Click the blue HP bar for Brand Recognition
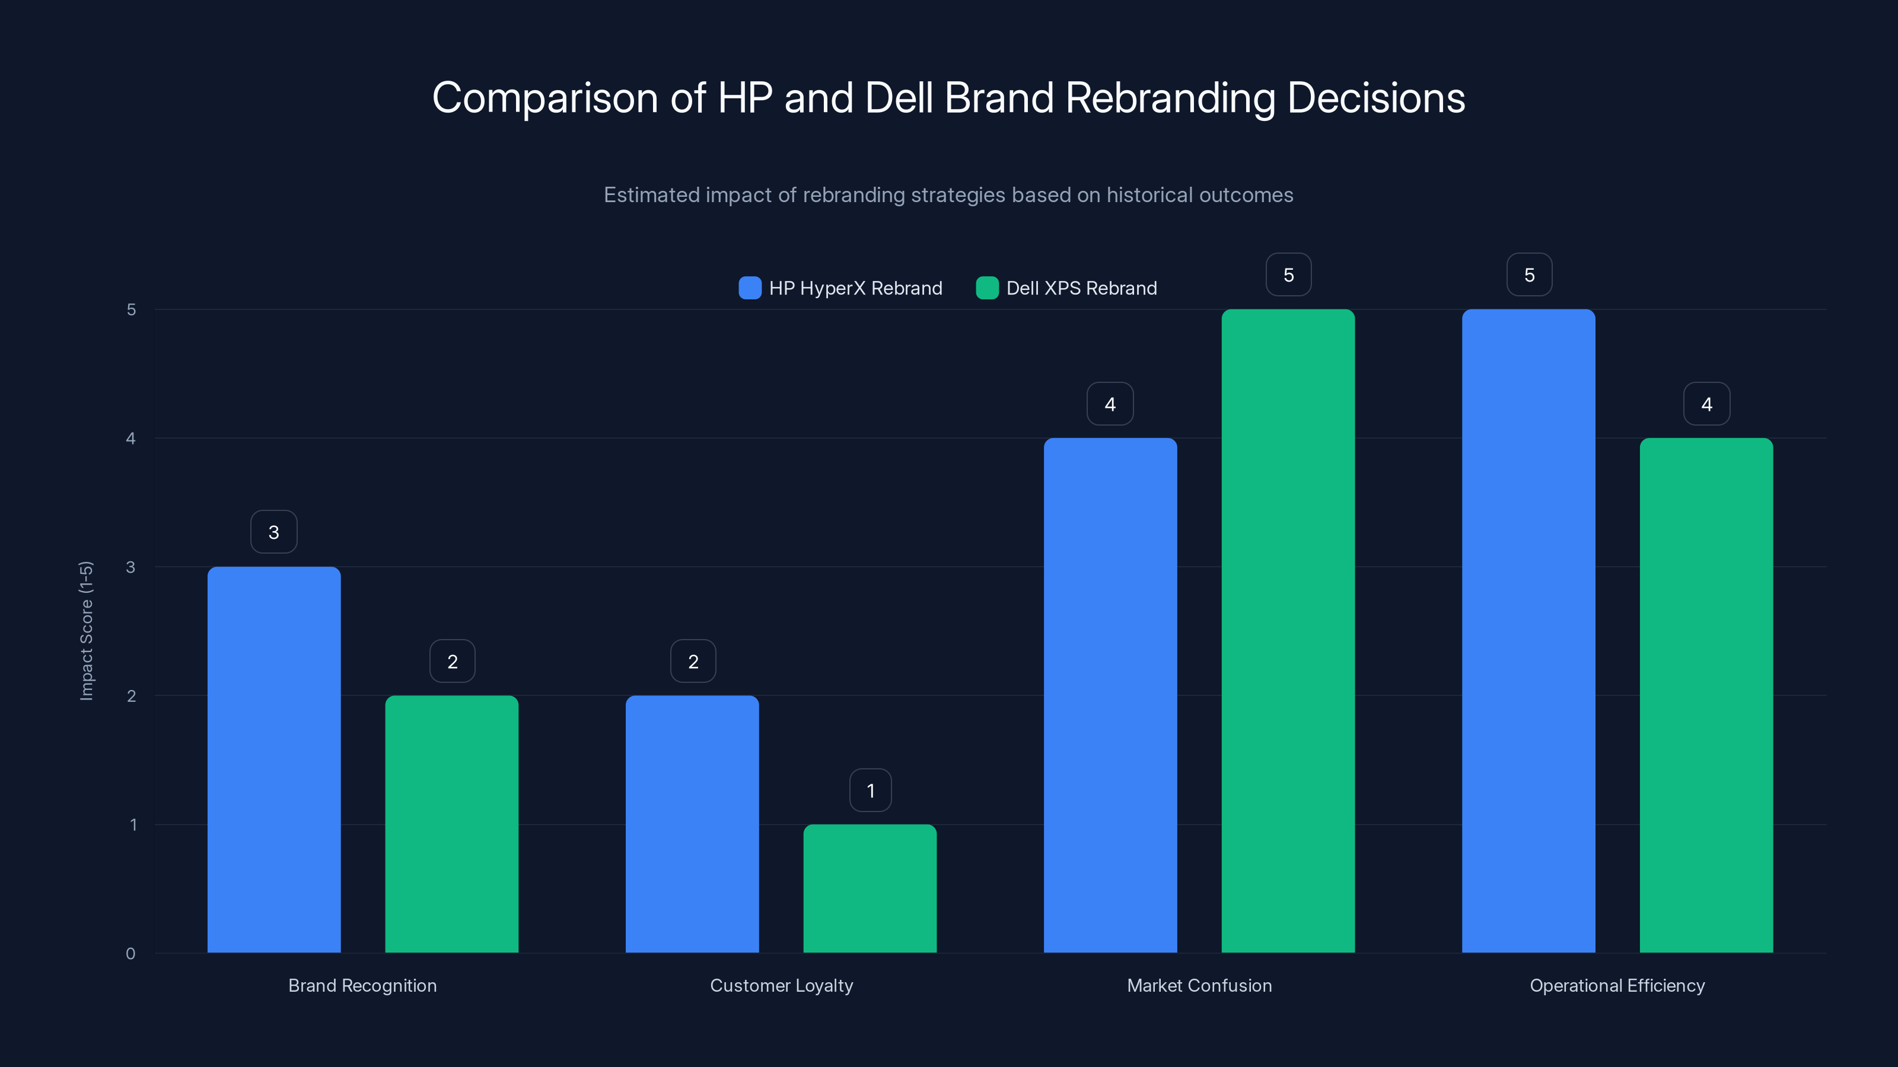point(274,759)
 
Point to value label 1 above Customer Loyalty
point(870,790)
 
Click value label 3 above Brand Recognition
point(274,532)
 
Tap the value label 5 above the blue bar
point(1529,274)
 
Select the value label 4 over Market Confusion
point(1110,404)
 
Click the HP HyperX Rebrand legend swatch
point(749,288)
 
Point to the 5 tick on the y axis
point(131,309)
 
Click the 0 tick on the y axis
point(130,954)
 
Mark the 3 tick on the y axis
point(130,567)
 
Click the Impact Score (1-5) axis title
point(86,630)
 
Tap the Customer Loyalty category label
point(781,985)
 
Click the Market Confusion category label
point(1199,985)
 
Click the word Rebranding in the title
point(1170,98)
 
